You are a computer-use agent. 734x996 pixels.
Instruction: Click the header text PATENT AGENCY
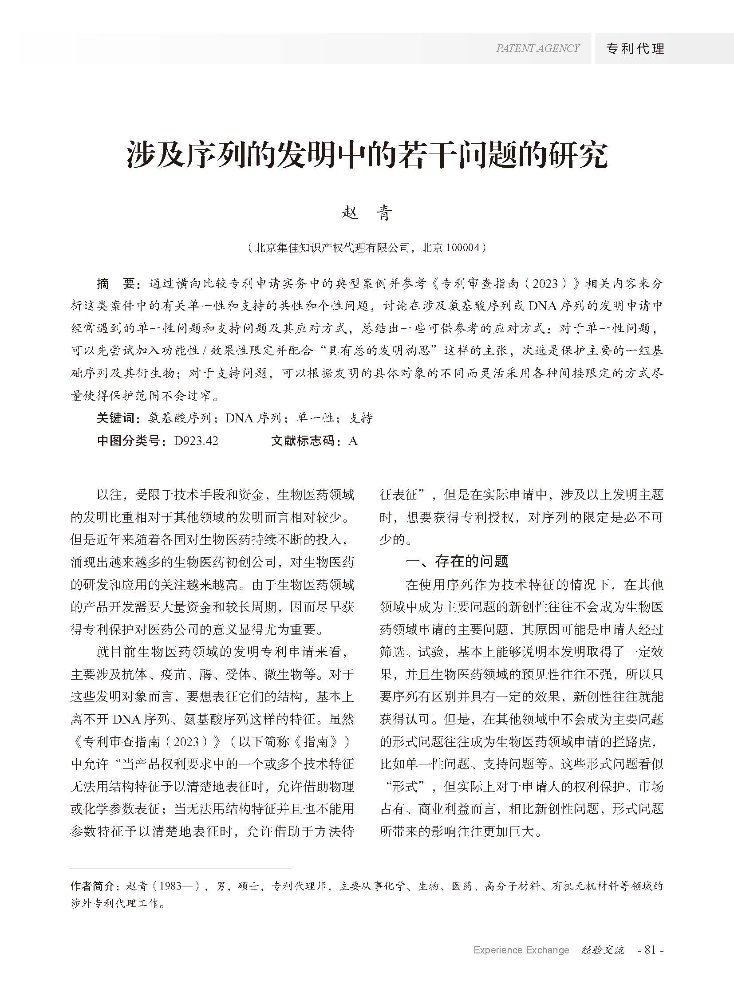pos(537,48)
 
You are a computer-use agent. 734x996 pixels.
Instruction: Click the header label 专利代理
pos(635,48)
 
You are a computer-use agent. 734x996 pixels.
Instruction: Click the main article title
pos(367,155)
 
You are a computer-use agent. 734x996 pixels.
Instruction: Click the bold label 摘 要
pos(115,283)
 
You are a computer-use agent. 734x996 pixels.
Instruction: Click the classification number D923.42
pos(196,441)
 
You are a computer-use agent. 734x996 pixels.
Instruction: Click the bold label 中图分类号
pos(129,441)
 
